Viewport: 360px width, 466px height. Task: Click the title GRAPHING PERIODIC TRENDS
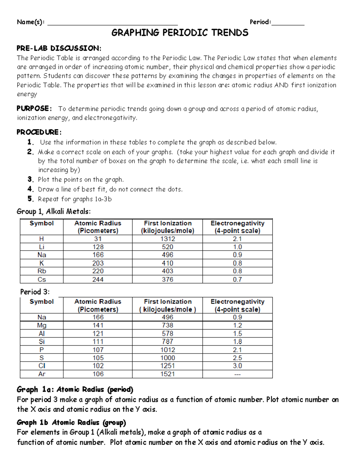[x=180, y=32]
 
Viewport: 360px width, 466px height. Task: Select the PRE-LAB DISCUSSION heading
[x=59, y=48]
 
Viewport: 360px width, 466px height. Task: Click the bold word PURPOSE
[x=33, y=108]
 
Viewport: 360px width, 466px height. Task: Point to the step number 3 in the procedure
[x=30, y=179]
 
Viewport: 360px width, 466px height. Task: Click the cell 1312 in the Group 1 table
[x=167, y=239]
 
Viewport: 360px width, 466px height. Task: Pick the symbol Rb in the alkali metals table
[x=42, y=271]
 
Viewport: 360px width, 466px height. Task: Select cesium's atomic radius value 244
[x=98, y=279]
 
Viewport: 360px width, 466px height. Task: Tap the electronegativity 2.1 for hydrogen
[x=237, y=239]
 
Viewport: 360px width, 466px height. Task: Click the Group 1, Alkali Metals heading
[x=53, y=212]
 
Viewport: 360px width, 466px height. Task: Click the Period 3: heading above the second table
[x=35, y=292]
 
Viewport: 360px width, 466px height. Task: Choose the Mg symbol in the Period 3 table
[x=42, y=325]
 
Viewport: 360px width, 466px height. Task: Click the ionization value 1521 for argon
[x=167, y=374]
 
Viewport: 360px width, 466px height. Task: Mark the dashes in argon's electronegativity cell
[x=237, y=374]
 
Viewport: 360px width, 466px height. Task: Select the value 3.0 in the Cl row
[x=237, y=366]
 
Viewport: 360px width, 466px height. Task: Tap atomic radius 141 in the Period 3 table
[x=98, y=325]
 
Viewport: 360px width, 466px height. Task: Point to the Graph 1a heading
[x=75, y=389]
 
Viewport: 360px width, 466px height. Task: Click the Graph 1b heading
[x=71, y=422]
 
